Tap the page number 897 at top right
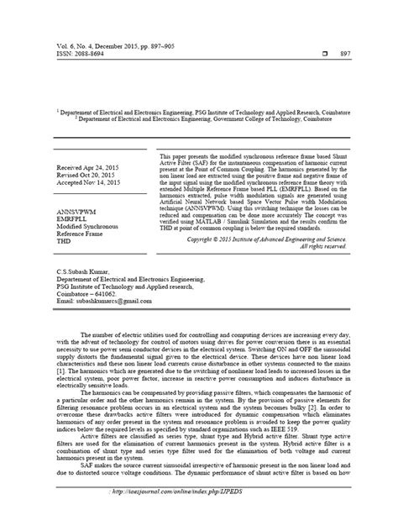[x=367, y=52]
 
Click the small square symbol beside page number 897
[x=336, y=52]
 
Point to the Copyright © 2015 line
[x=277, y=238]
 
